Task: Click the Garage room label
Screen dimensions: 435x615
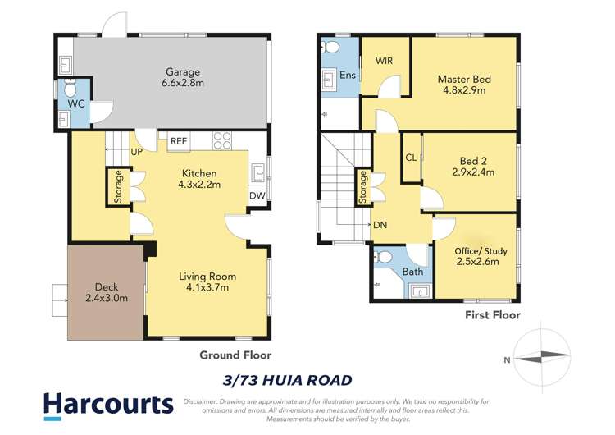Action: click(181, 71)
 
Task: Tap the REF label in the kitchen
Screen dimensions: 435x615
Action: click(178, 141)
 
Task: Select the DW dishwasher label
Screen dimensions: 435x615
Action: click(257, 196)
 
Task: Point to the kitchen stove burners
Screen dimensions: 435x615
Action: click(223, 140)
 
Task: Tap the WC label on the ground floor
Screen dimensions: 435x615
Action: click(76, 104)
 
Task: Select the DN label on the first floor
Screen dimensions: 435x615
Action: click(380, 224)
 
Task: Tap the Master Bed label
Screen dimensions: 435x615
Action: click(464, 79)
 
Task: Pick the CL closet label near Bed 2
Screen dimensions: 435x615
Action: click(410, 158)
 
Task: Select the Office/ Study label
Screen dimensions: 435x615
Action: click(476, 250)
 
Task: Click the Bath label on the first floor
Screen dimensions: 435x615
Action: click(412, 272)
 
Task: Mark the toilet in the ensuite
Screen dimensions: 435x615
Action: click(332, 48)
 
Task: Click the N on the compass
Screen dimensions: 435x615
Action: click(508, 359)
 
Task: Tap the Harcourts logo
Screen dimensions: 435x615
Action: click(108, 404)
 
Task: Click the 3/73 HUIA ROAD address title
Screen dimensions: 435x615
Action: click(287, 380)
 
